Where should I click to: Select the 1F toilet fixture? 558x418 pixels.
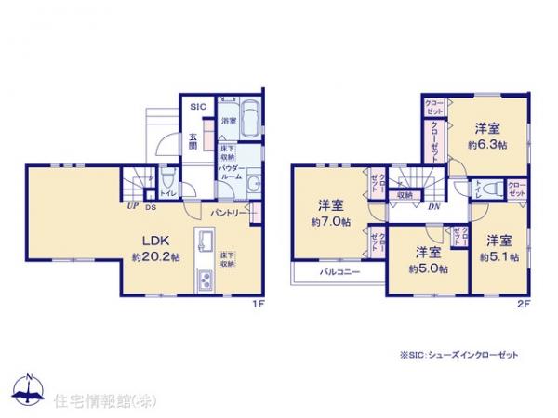point(164,177)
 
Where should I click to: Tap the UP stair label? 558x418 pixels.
point(132,206)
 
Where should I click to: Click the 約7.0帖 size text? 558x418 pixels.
point(331,222)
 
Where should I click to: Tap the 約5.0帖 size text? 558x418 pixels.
point(428,268)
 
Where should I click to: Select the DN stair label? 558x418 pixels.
point(434,206)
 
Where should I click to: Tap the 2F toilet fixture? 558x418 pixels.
point(496,189)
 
